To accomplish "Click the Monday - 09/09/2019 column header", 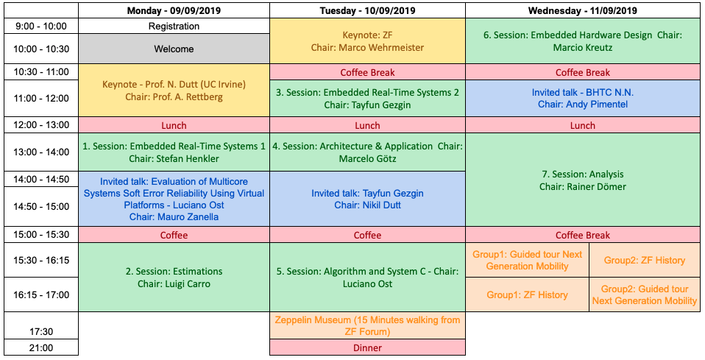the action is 174,10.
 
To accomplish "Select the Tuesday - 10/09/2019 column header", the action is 367,10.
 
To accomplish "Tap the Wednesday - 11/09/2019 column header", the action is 583,10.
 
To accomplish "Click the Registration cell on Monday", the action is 174,26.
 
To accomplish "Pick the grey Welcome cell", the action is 174,49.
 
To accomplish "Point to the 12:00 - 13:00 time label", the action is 41,125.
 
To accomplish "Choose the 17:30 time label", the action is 41,331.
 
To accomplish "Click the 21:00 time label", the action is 41,347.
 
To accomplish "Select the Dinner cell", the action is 367,347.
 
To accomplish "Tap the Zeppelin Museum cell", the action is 367,326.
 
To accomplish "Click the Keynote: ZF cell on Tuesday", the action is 367,41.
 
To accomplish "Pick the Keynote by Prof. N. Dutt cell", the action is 174,91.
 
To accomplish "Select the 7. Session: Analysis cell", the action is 583,180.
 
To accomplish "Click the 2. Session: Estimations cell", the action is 174,278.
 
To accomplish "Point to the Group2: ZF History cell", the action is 645,260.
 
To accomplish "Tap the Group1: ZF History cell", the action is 527,294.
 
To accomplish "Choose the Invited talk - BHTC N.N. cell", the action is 583,98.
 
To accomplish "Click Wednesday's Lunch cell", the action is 583,125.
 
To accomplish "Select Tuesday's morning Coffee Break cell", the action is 367,72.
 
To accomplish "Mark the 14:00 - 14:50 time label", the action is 41,179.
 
